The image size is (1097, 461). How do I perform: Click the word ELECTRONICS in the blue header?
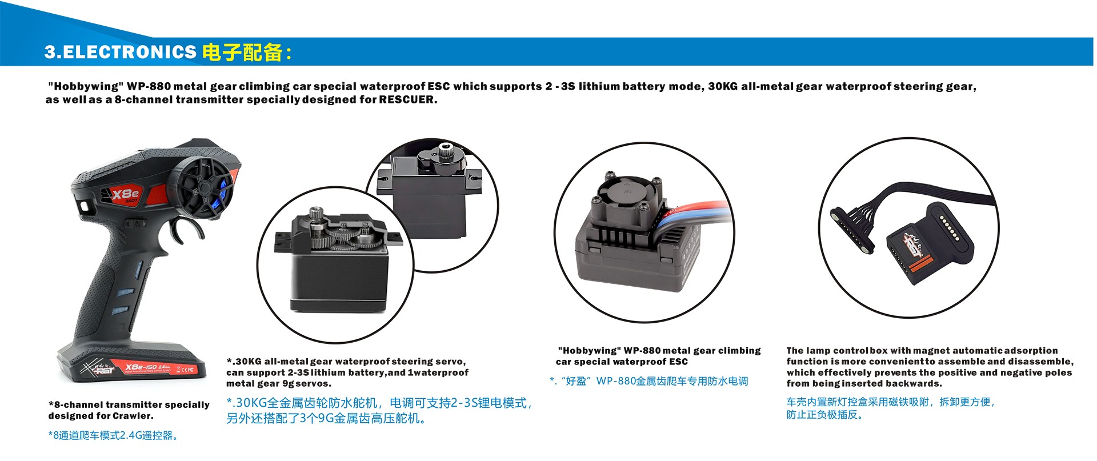[x=129, y=52]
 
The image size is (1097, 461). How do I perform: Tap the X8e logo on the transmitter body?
[x=125, y=194]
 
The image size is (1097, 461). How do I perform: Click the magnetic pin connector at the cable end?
[x=851, y=231]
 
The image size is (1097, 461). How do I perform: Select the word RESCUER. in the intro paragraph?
[x=408, y=99]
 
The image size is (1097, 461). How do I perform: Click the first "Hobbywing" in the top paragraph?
[x=86, y=86]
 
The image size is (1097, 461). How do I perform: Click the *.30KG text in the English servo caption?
[x=244, y=362]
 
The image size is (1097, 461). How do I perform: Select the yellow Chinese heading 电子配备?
[x=243, y=52]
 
